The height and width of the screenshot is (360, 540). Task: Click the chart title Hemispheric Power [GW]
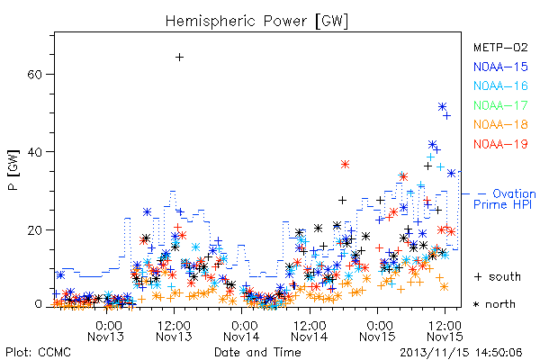pos(256,22)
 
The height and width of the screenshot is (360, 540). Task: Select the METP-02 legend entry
pos(500,47)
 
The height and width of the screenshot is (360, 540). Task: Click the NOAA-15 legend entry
pos(500,67)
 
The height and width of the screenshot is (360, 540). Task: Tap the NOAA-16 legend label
pos(500,85)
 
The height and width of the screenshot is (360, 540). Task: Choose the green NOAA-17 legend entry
pos(500,105)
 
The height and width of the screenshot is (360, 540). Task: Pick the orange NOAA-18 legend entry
pos(500,124)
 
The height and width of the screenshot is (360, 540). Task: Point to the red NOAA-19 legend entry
pos(500,144)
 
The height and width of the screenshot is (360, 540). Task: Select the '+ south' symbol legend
pos(498,276)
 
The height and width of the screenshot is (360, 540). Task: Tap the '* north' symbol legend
pos(494,304)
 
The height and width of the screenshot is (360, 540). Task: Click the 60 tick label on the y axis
pos(34,75)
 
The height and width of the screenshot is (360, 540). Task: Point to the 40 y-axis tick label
pos(34,152)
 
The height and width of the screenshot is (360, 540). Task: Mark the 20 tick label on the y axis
pos(34,229)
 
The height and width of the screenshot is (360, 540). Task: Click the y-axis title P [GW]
pos(13,170)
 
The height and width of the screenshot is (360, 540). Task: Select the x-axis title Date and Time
pos(257,352)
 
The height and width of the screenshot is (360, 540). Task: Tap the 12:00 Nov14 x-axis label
pos(310,331)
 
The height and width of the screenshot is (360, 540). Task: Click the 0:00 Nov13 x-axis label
pos(106,331)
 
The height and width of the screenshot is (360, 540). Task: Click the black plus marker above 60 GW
pos(179,58)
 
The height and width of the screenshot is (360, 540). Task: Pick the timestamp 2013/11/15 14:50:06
pos(461,353)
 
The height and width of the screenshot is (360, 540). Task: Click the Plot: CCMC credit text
pos(38,352)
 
